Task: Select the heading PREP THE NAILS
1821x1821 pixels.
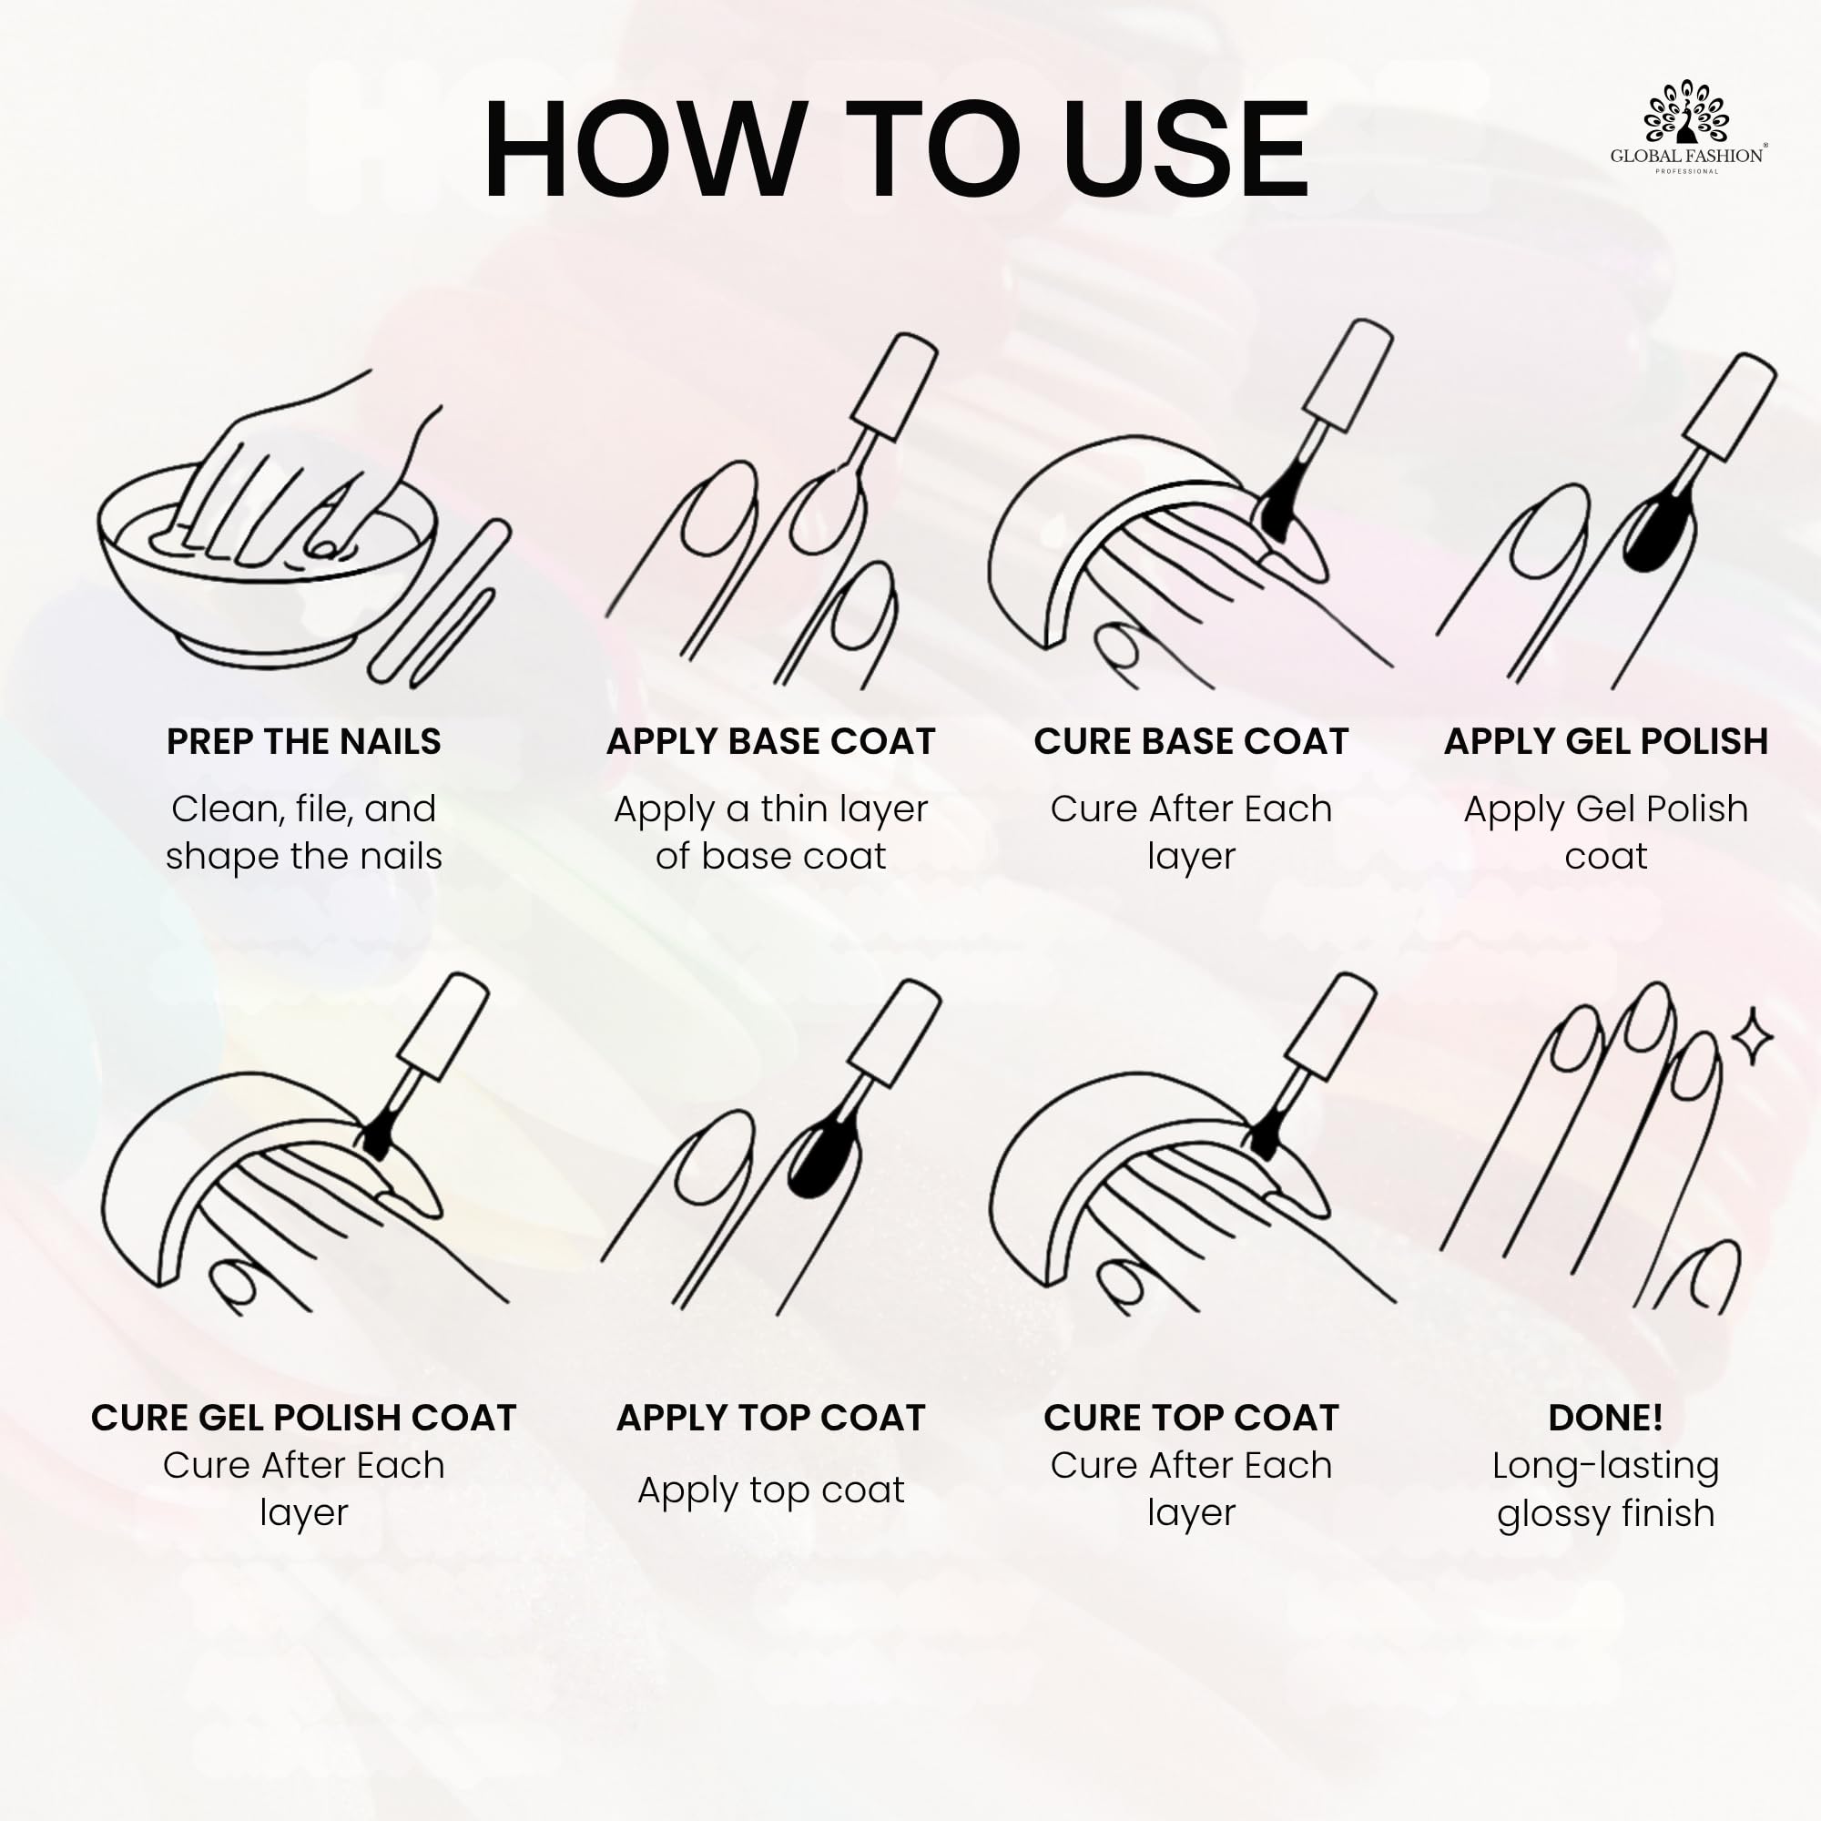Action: [x=303, y=741]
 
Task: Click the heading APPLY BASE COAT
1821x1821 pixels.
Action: [x=770, y=741]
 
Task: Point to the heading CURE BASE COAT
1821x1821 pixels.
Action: [x=1191, y=741]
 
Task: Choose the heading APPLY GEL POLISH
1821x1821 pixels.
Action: [x=1606, y=741]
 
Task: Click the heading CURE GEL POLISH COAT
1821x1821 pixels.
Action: [x=303, y=1418]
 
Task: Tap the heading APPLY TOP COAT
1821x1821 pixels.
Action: [x=770, y=1418]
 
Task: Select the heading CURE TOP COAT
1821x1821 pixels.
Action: [x=1191, y=1418]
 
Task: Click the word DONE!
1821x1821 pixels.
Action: [x=1606, y=1418]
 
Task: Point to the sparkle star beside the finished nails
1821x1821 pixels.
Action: [x=1752, y=1036]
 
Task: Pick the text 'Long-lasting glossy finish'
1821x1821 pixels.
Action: [x=1606, y=1490]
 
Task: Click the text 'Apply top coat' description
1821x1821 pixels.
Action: [x=770, y=1490]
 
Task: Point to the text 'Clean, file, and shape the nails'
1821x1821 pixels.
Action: [x=303, y=832]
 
